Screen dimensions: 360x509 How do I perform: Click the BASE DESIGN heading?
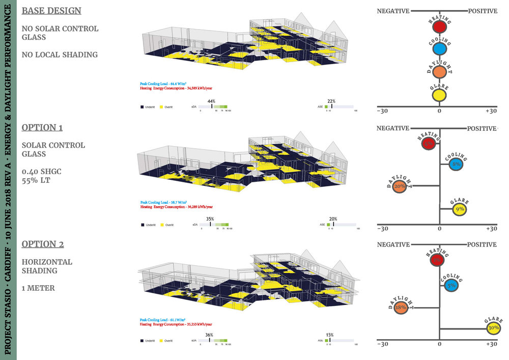click(x=51, y=11)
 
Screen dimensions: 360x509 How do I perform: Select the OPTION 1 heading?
click(x=42, y=127)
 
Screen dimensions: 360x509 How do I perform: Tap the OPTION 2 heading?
click(x=43, y=244)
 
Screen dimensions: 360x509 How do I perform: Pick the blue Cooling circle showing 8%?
click(x=456, y=164)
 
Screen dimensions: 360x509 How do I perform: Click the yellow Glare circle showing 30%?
click(x=493, y=328)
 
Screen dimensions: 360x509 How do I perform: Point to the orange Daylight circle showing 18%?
click(x=400, y=308)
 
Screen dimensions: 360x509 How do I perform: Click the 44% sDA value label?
click(x=211, y=101)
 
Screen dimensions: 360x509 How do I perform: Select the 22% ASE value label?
click(x=331, y=101)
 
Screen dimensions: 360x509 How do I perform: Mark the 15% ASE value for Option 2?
click(x=330, y=335)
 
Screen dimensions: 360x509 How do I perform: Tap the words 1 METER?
click(x=39, y=288)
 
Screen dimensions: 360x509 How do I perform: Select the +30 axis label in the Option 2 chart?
click(x=491, y=344)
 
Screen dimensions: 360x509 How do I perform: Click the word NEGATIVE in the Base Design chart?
click(x=393, y=11)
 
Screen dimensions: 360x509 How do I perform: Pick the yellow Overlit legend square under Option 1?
click(x=162, y=225)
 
